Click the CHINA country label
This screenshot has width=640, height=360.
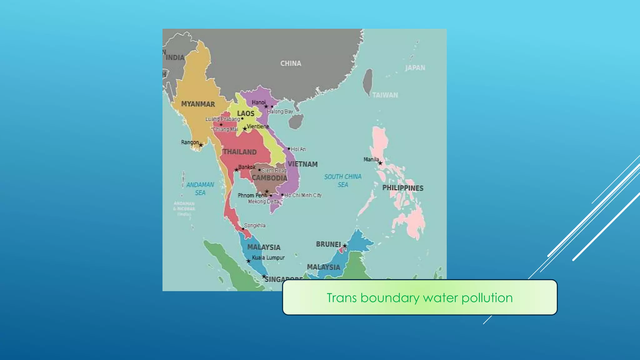[x=291, y=63]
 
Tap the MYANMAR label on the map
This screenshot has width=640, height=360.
[x=198, y=104]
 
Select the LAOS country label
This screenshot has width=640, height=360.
[x=246, y=113]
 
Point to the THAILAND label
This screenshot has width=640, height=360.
[x=240, y=152]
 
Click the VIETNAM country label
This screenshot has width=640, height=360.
[x=302, y=164]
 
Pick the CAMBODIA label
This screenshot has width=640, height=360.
[x=269, y=178]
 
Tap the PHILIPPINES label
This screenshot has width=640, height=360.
[x=403, y=188]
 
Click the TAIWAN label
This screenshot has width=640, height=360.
[x=385, y=95]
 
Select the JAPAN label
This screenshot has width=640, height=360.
[x=415, y=68]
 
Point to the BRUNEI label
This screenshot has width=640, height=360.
[x=328, y=244]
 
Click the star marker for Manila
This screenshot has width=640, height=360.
[x=380, y=163]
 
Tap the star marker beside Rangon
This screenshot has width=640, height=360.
[x=201, y=145]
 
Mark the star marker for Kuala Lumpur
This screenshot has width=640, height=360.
[x=248, y=261]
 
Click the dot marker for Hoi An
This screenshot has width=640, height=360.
[x=289, y=149]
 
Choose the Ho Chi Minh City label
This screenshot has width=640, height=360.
[x=303, y=195]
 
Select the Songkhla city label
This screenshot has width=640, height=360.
[x=255, y=225]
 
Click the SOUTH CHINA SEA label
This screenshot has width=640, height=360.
[x=343, y=181]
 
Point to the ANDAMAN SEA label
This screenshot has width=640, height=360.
[x=200, y=188]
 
